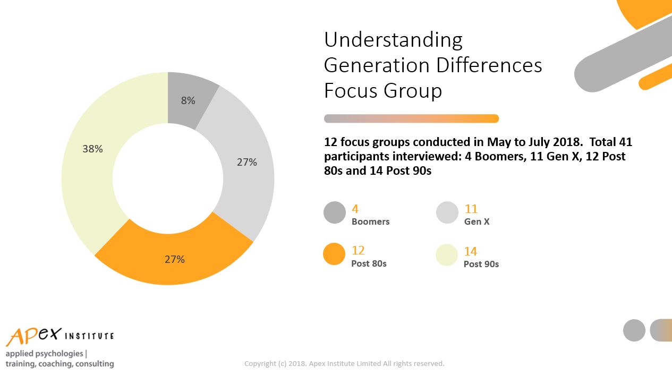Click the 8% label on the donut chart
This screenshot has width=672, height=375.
pyautogui.click(x=188, y=100)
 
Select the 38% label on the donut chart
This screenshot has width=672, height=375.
pyautogui.click(x=93, y=149)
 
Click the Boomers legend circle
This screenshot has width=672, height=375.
pyautogui.click(x=335, y=212)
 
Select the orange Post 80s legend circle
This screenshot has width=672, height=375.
pyautogui.click(x=334, y=254)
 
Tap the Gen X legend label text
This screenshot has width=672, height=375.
pyautogui.click(x=477, y=221)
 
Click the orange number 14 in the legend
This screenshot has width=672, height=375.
pyautogui.click(x=471, y=251)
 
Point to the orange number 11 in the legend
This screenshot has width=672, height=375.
pyautogui.click(x=471, y=209)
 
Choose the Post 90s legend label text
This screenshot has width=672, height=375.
pyautogui.click(x=481, y=264)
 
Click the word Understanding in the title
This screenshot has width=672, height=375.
pyautogui.click(x=393, y=40)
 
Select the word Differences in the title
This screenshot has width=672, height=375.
pyautogui.click(x=489, y=65)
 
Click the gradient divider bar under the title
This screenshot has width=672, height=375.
pyautogui.click(x=411, y=118)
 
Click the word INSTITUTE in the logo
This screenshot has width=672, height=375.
pyautogui.click(x=89, y=336)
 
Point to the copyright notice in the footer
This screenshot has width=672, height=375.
pyautogui.click(x=344, y=364)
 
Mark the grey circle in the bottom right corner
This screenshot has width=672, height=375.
pyautogui.click(x=634, y=330)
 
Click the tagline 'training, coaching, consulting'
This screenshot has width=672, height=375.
pyautogui.click(x=59, y=364)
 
